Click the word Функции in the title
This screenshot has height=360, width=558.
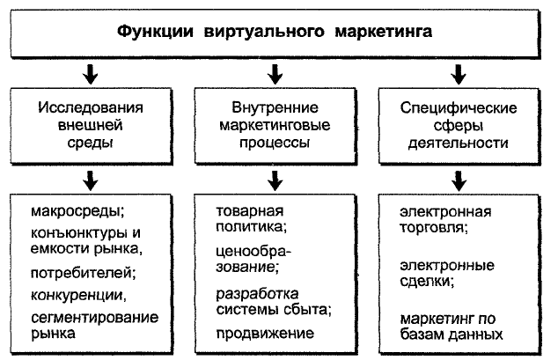tap(155, 32)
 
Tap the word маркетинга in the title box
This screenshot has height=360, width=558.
tap(384, 32)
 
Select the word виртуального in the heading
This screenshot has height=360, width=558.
tap(264, 32)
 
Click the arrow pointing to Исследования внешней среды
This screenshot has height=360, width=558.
tap(91, 74)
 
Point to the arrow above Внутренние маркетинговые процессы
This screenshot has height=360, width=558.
tap(275, 74)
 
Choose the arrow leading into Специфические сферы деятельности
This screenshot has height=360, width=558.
tap(459, 74)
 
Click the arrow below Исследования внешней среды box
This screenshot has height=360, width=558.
tap(91, 180)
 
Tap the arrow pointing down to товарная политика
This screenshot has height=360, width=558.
tap(275, 180)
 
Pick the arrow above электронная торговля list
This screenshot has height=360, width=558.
tap(459, 180)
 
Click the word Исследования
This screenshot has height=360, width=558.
tap(91, 107)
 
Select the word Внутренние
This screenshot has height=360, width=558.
tap(275, 107)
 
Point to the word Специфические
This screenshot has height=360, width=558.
tap(459, 108)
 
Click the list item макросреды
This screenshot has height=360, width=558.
tap(77, 211)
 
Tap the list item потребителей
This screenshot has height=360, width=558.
tap(84, 273)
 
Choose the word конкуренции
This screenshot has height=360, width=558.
tap(78, 295)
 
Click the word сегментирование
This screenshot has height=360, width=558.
tap(95, 318)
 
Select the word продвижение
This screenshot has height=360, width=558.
tap(265, 334)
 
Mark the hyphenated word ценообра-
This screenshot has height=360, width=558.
tap(253, 253)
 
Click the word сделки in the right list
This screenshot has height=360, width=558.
tap(427, 282)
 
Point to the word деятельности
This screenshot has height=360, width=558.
tap(459, 143)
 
